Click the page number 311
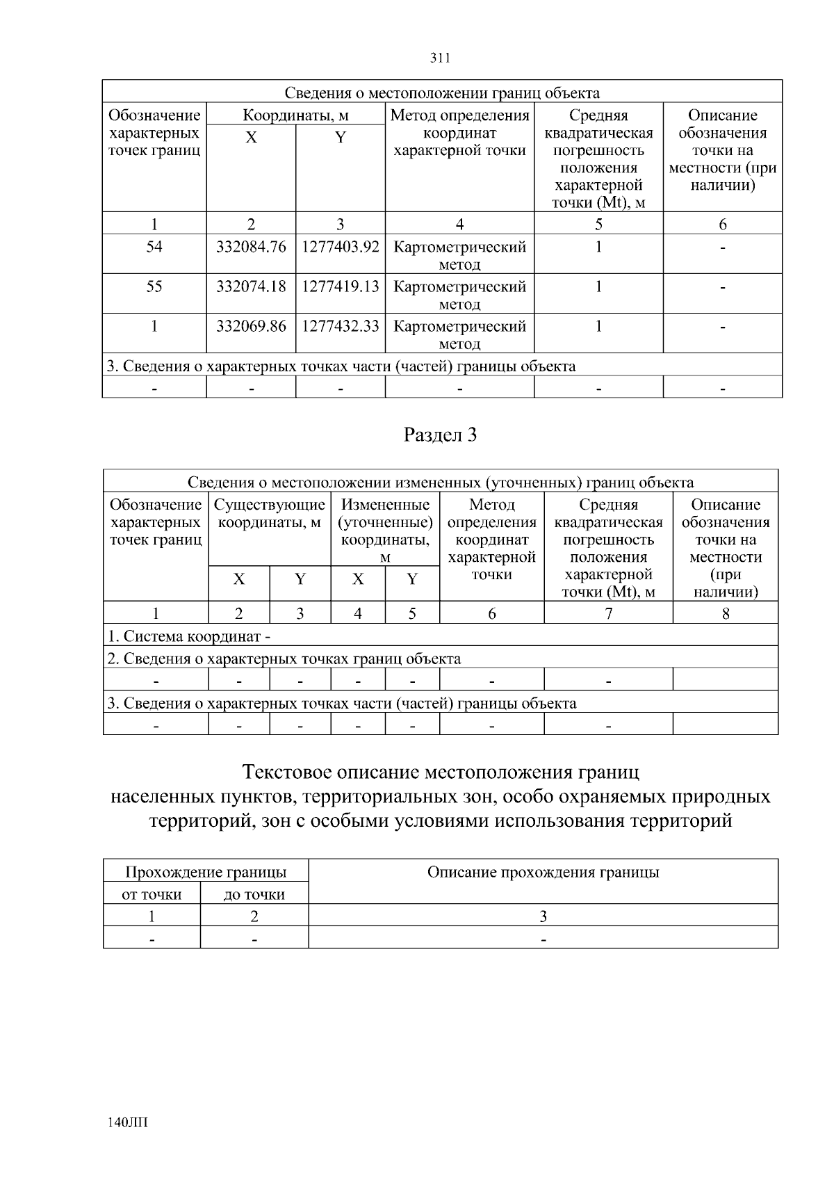pos(441,58)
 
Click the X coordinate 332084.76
pos(251,247)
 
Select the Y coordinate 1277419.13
pos(341,286)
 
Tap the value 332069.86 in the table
pos(251,326)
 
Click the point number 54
pos(154,247)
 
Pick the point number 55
pos(154,286)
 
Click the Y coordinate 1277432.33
pos(341,326)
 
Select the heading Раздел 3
pos(441,435)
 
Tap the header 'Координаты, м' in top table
pos(295,115)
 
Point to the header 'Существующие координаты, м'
pos(270,513)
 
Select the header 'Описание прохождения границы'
pos(543,872)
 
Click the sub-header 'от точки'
pos(152,894)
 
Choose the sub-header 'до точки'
pos(254,894)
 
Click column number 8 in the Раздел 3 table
pos(726,613)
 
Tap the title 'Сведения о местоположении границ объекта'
pos(442,92)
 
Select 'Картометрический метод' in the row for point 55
pos(459,295)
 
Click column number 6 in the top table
pos(723,224)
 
